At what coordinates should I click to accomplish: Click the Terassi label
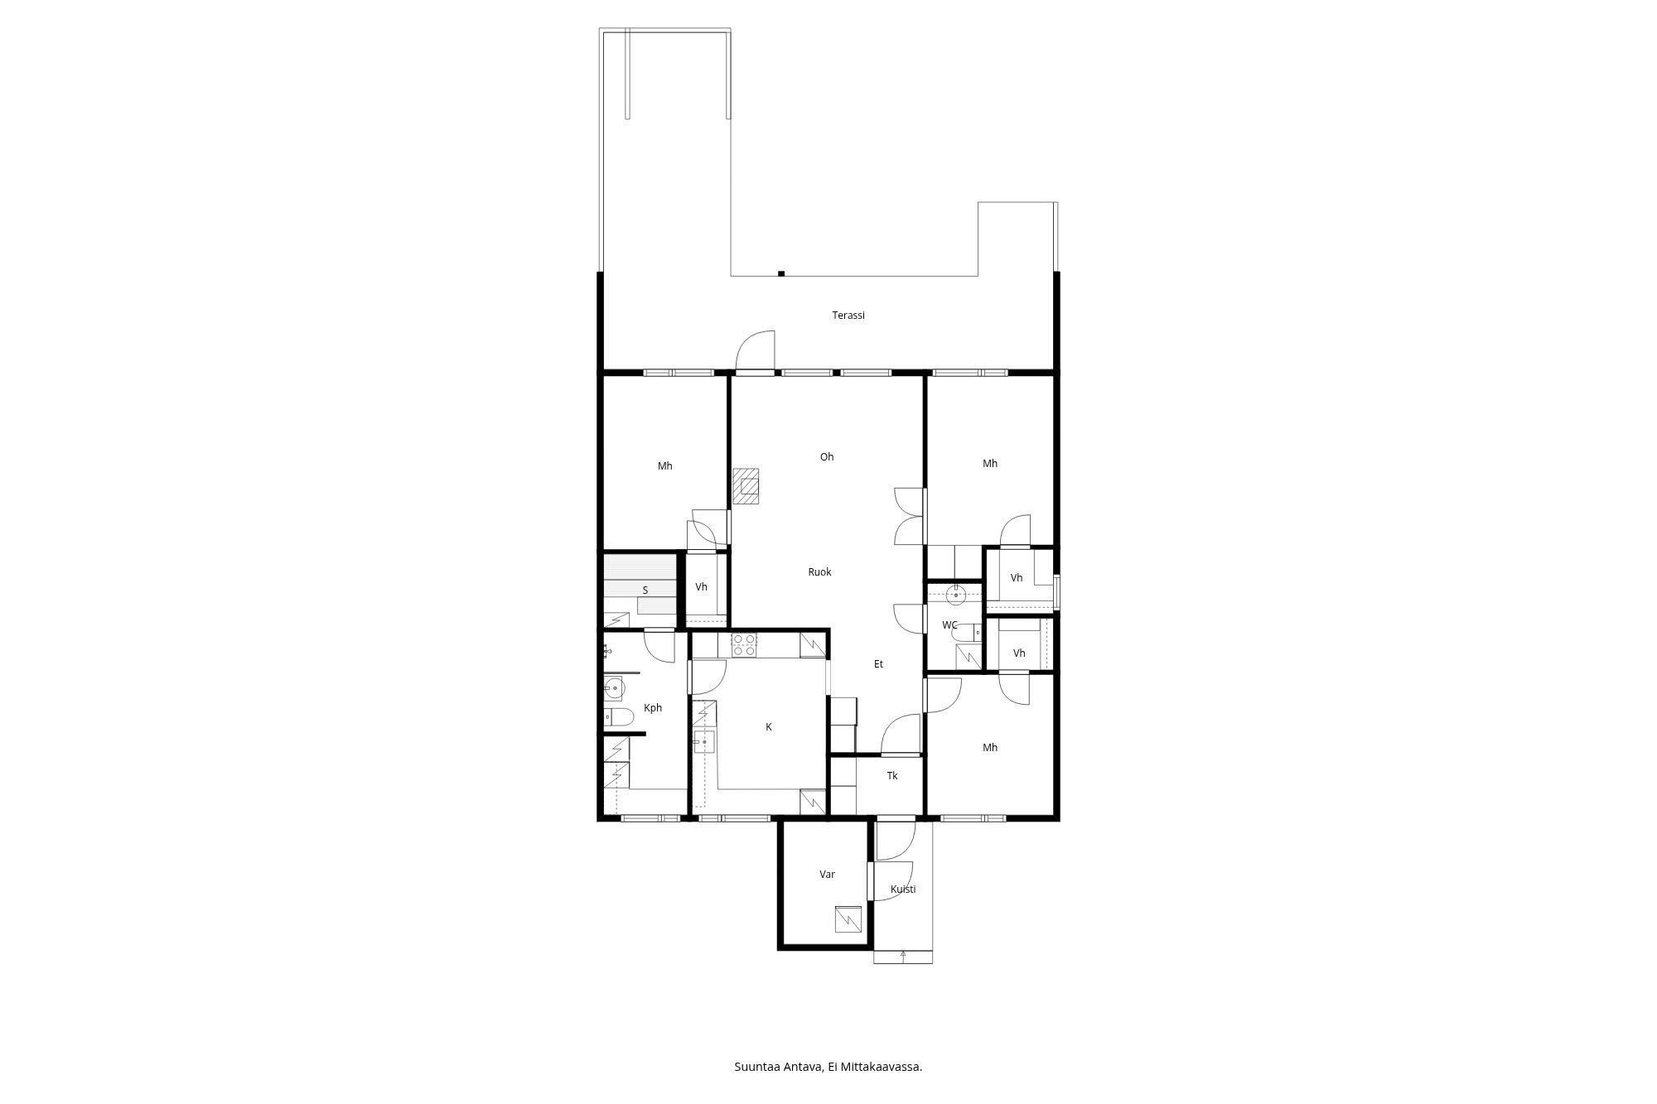(848, 316)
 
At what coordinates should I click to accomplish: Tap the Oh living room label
(827, 457)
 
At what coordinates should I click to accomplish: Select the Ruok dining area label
(819, 572)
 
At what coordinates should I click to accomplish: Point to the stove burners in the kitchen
(744, 644)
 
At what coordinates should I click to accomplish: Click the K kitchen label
(769, 727)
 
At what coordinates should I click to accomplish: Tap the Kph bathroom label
(653, 708)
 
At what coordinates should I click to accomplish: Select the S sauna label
(645, 591)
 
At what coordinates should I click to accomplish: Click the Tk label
(892, 776)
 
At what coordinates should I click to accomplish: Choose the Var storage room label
(827, 875)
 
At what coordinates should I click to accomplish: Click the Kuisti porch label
(903, 889)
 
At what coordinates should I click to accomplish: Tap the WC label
(949, 625)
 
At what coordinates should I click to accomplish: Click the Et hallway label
(878, 664)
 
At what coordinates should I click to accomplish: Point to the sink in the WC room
(956, 594)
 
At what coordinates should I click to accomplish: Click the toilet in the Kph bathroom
(616, 716)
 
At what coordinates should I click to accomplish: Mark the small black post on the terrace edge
(781, 273)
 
